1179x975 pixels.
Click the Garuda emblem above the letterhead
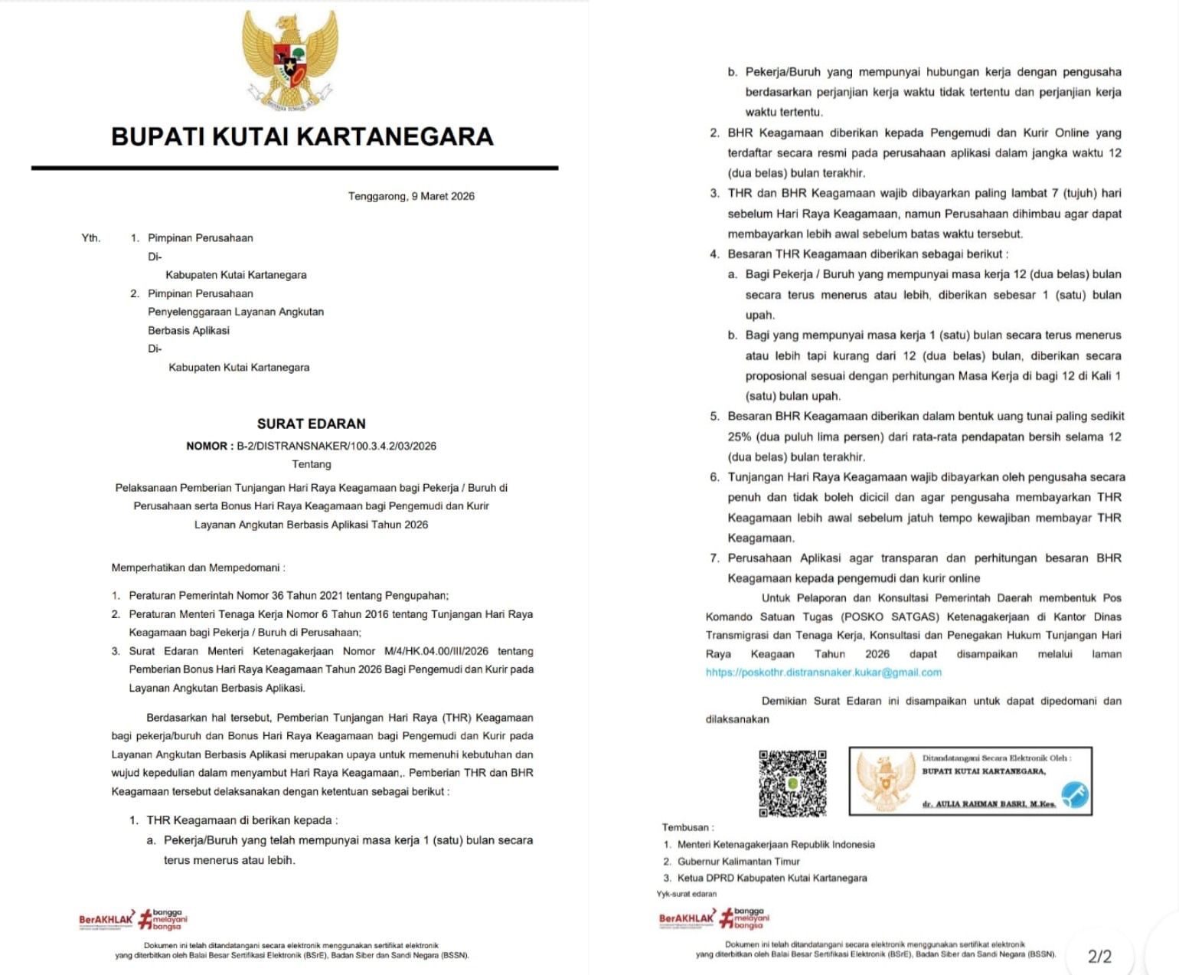[290, 60]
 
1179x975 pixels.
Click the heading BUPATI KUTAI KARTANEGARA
[302, 136]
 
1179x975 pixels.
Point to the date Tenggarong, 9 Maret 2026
[411, 196]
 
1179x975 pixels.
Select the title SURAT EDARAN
[311, 424]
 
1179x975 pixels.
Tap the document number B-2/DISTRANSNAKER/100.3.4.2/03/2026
[336, 446]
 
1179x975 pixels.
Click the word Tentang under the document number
[311, 464]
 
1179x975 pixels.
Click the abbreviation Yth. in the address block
[90, 237]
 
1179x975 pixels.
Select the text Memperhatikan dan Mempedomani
[198, 568]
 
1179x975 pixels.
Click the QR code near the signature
[792, 783]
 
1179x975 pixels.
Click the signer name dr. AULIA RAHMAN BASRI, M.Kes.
[988, 803]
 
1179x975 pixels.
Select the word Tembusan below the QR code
[686, 827]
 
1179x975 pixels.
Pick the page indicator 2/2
[1099, 956]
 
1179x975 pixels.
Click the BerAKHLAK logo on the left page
[106, 919]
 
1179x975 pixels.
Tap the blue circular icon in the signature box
[1074, 794]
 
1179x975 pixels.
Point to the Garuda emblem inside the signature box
[885, 780]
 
